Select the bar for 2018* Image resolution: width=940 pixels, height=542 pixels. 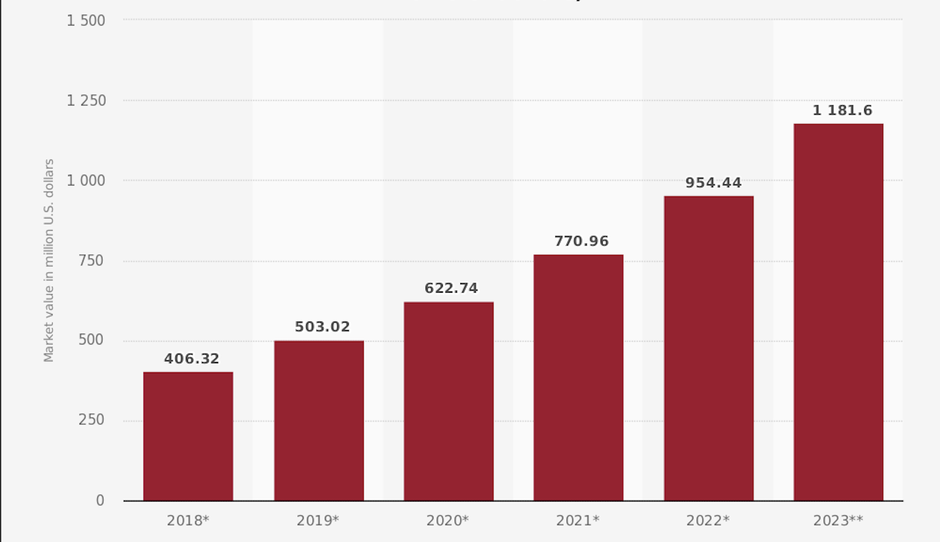point(188,436)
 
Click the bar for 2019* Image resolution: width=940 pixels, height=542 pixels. point(319,421)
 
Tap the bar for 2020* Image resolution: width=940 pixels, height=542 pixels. point(449,401)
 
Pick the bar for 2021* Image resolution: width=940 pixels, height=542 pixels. point(579,377)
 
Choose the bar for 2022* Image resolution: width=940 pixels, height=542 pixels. point(708,348)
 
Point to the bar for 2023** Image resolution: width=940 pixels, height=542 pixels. point(839,312)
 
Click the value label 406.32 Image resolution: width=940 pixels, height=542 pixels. point(192,359)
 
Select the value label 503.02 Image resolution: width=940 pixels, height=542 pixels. point(322,327)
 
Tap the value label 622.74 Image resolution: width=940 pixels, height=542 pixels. point(451,288)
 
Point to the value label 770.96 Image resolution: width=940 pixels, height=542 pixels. point(582,241)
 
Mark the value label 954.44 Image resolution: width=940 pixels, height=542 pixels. point(714,183)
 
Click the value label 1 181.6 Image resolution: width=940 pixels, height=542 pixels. point(842,110)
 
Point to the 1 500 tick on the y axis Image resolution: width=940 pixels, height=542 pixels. point(86,21)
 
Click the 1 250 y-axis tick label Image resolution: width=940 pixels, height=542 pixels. point(86,101)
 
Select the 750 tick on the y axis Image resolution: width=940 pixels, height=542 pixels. point(91,261)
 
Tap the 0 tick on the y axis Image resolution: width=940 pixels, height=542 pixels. point(100,500)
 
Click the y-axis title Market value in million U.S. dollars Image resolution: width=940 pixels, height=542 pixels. point(49,260)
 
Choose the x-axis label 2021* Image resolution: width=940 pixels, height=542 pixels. point(578,520)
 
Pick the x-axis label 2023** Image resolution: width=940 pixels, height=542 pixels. point(838,520)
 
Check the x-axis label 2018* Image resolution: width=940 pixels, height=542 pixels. point(188,520)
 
